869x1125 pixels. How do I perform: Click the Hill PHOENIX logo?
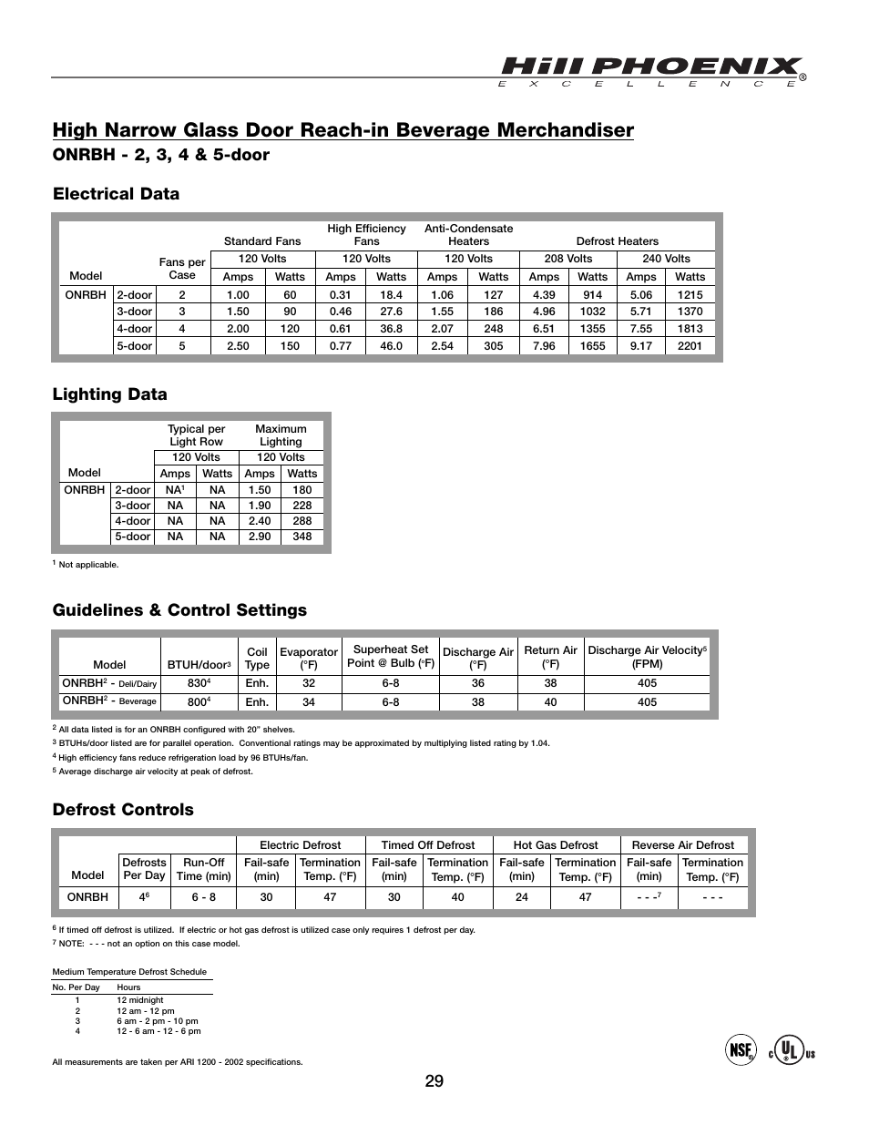(651, 70)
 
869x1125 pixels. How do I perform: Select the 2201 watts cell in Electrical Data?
(690, 346)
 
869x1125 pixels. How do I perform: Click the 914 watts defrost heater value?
(592, 295)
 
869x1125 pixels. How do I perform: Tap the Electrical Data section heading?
(116, 193)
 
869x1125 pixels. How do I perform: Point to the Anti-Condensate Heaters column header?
(468, 235)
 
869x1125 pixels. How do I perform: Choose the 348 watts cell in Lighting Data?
(302, 537)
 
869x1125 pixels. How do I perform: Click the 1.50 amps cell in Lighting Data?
(260, 490)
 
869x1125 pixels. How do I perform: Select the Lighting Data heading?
(109, 394)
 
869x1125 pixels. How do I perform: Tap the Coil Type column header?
(257, 658)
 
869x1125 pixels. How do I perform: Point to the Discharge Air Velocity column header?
(647, 657)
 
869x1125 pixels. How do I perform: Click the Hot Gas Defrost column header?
(556, 845)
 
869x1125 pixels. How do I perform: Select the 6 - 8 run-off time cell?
(203, 897)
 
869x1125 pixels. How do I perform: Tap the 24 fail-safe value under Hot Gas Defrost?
(521, 897)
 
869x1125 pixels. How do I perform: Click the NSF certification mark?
(741, 1050)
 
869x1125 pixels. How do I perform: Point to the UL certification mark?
(791, 1050)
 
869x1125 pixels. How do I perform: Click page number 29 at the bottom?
(434, 1081)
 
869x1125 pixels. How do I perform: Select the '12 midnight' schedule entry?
(139, 1000)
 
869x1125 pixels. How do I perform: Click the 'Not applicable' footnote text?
(88, 565)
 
